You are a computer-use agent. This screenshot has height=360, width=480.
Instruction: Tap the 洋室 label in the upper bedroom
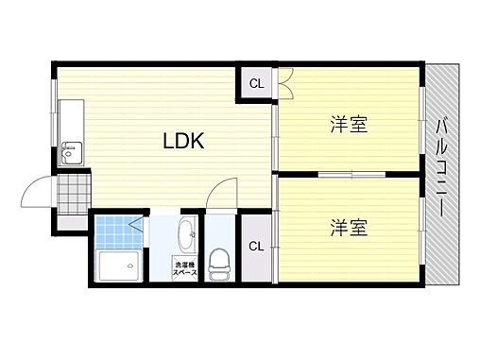348,124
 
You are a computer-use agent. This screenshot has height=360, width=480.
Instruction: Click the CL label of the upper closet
256,83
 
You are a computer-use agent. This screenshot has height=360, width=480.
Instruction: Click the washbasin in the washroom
186,230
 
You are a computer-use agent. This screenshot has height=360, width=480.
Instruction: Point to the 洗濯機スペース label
184,268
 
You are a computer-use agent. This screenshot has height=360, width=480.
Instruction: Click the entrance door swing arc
38,191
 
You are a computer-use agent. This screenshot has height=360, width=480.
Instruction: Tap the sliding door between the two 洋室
350,174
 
